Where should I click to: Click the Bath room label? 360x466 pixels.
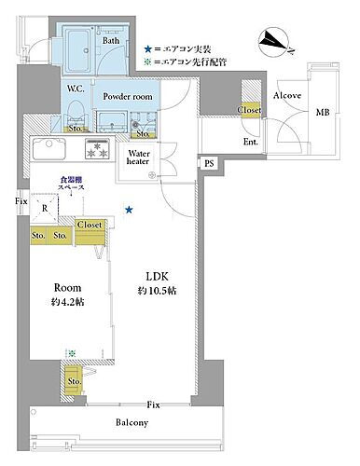coord(111,41)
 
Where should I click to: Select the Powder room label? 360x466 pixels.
coord(128,97)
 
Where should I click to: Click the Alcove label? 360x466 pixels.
coord(286,96)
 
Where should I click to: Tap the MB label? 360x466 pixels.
coord(323,113)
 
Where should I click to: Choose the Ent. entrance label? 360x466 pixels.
coord(251,142)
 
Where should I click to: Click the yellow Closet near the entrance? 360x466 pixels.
coord(249,110)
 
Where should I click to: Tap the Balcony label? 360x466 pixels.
coord(132,422)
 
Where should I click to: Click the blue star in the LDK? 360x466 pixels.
coord(129,209)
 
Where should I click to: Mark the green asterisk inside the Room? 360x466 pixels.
coord(70,353)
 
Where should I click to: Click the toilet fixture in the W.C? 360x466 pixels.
coord(76,111)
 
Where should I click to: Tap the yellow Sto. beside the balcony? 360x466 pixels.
coord(74,379)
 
